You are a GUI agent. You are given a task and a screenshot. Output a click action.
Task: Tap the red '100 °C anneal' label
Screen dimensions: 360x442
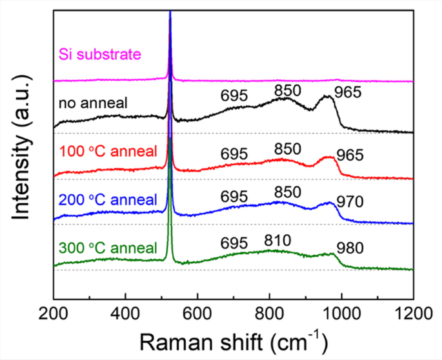(x=108, y=152)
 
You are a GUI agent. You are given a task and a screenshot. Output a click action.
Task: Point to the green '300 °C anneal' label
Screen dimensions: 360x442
(x=108, y=248)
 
